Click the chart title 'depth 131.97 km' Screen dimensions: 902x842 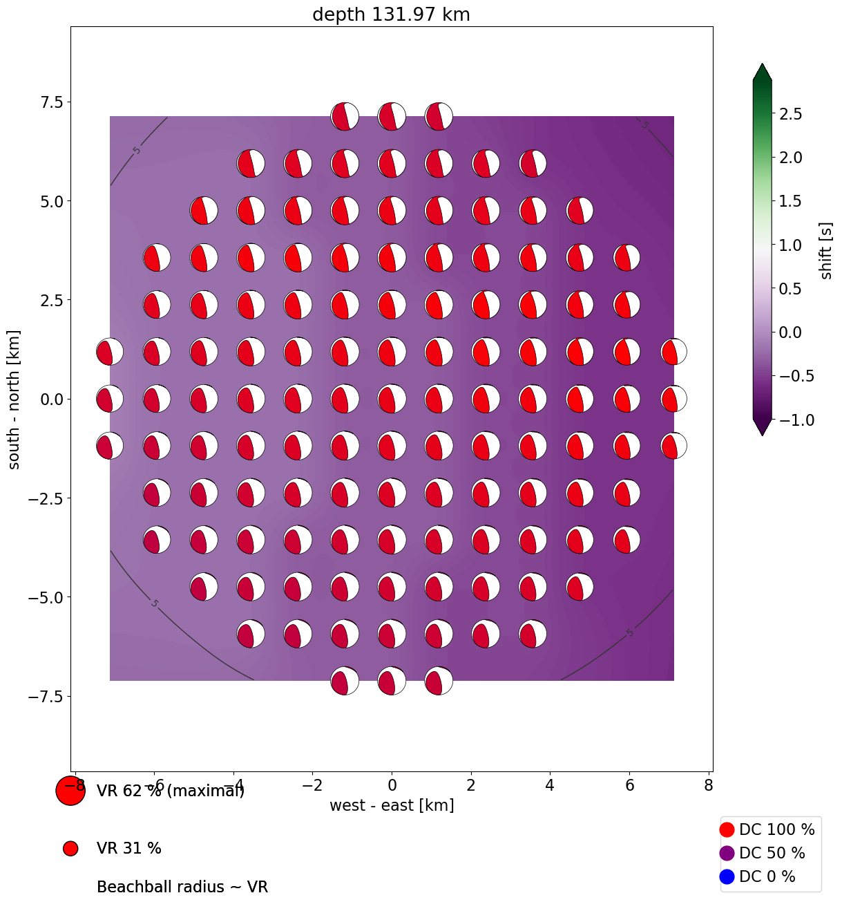391,15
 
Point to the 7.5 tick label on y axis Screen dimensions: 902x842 46,102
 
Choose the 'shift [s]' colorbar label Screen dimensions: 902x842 826,250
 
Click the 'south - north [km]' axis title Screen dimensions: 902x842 15,400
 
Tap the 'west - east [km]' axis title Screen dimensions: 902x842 392,805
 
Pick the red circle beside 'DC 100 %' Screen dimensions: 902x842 727,829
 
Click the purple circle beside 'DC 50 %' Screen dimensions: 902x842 727,853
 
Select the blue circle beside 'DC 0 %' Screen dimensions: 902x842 727,876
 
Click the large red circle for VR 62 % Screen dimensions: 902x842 70,791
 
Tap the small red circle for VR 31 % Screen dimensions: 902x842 70,848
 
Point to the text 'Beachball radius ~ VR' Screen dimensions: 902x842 182,887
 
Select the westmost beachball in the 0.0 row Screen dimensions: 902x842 110,399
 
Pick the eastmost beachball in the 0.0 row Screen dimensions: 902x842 673,399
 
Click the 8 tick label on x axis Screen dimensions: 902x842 708,785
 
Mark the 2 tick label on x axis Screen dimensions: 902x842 471,785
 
